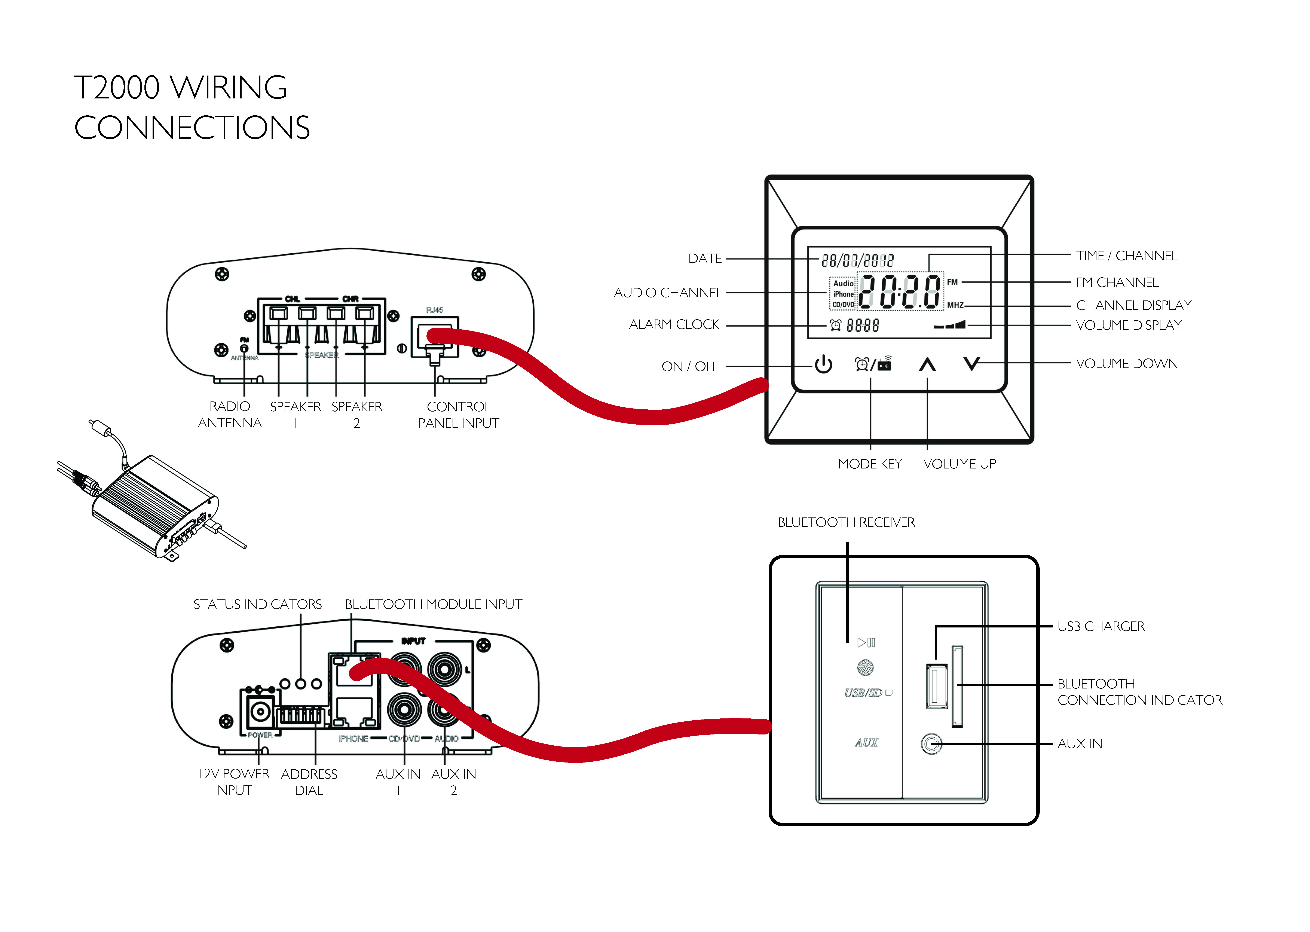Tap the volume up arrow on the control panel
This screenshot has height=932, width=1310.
pyautogui.click(x=927, y=364)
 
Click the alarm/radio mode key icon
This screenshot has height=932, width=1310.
pyautogui.click(x=873, y=364)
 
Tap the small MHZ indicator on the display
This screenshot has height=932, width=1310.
pyautogui.click(x=955, y=305)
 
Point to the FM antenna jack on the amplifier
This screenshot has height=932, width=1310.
pyautogui.click(x=244, y=348)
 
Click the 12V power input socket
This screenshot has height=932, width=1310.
pyautogui.click(x=260, y=712)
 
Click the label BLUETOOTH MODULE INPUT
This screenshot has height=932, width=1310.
pyautogui.click(x=433, y=604)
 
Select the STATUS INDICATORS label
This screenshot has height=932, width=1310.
pyautogui.click(x=258, y=604)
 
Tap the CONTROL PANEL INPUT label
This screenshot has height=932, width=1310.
pyautogui.click(x=459, y=415)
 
